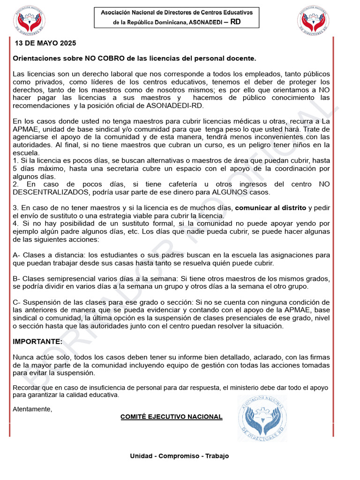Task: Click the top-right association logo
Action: pyautogui.click(x=314, y=21)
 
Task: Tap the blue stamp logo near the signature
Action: pyautogui.click(x=262, y=417)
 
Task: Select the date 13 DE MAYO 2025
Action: pyautogui.click(x=45, y=43)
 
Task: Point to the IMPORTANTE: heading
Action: pyautogui.click(x=37, y=341)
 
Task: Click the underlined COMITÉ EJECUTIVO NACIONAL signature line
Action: pyautogui.click(x=171, y=417)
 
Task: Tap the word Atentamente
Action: pyautogui.click(x=32, y=409)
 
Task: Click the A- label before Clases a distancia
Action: pyautogui.click(x=16, y=255)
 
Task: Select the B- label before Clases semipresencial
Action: pyautogui.click(x=16, y=278)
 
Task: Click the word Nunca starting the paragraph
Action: pyautogui.click(x=22, y=357)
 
